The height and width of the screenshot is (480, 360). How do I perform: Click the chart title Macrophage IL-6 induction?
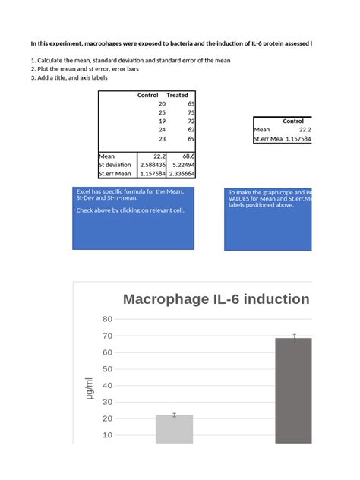pos(216,299)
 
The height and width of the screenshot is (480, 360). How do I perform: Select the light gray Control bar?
pos(174,429)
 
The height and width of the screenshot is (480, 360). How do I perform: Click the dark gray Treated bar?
pos(293,391)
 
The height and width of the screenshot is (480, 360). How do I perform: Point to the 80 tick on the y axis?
pos(107,319)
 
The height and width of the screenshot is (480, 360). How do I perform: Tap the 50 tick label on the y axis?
pos(107,369)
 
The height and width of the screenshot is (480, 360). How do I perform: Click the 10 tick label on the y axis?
pos(107,435)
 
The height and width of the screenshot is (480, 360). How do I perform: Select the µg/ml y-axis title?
pos(88,390)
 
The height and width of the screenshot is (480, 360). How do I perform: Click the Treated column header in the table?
pos(177,96)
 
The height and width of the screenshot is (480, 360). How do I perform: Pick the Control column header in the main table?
pos(147,96)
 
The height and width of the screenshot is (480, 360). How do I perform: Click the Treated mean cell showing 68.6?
pos(186,156)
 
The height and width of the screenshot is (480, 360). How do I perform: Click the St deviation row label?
pos(115,165)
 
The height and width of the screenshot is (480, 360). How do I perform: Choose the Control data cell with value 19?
pos(162,122)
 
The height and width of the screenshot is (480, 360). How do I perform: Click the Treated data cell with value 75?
pos(191,112)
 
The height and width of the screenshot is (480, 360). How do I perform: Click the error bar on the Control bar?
pos(174,415)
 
